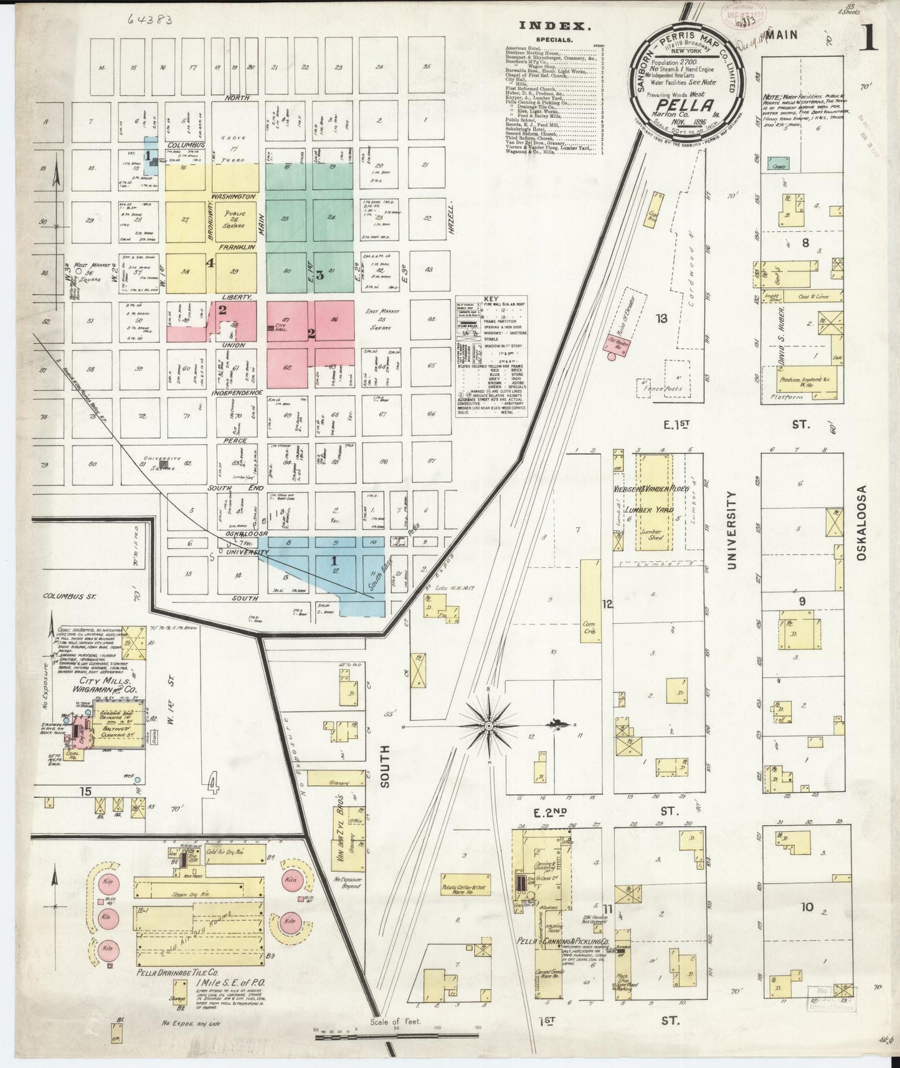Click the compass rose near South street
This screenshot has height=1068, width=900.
[490, 726]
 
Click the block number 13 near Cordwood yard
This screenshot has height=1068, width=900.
[661, 318]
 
